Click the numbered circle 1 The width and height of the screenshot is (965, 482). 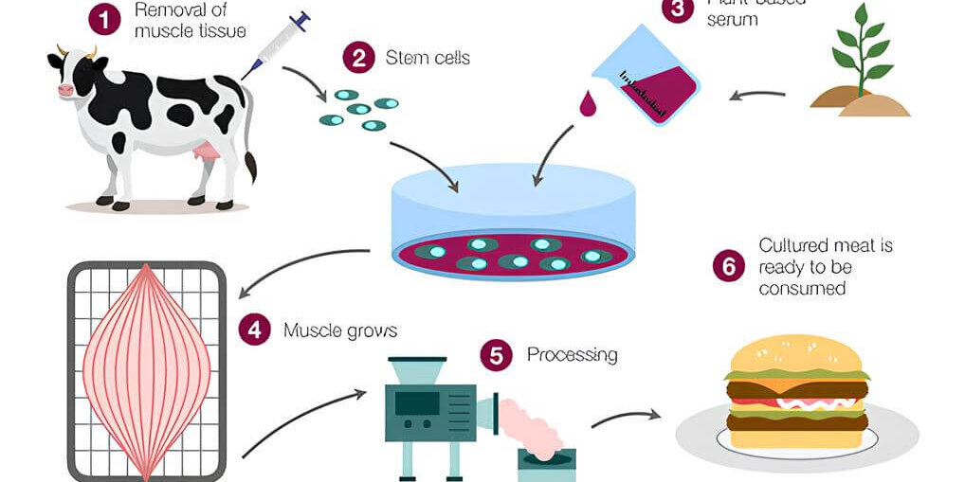coord(104,20)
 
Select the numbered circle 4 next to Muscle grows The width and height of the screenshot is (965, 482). coord(254,330)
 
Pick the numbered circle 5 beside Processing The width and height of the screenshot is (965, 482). coord(497,355)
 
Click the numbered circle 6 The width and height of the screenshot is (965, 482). coord(728,266)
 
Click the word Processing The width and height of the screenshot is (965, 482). coord(572,355)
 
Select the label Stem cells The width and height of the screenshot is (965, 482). coord(428,59)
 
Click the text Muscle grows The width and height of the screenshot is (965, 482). coord(339,330)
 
